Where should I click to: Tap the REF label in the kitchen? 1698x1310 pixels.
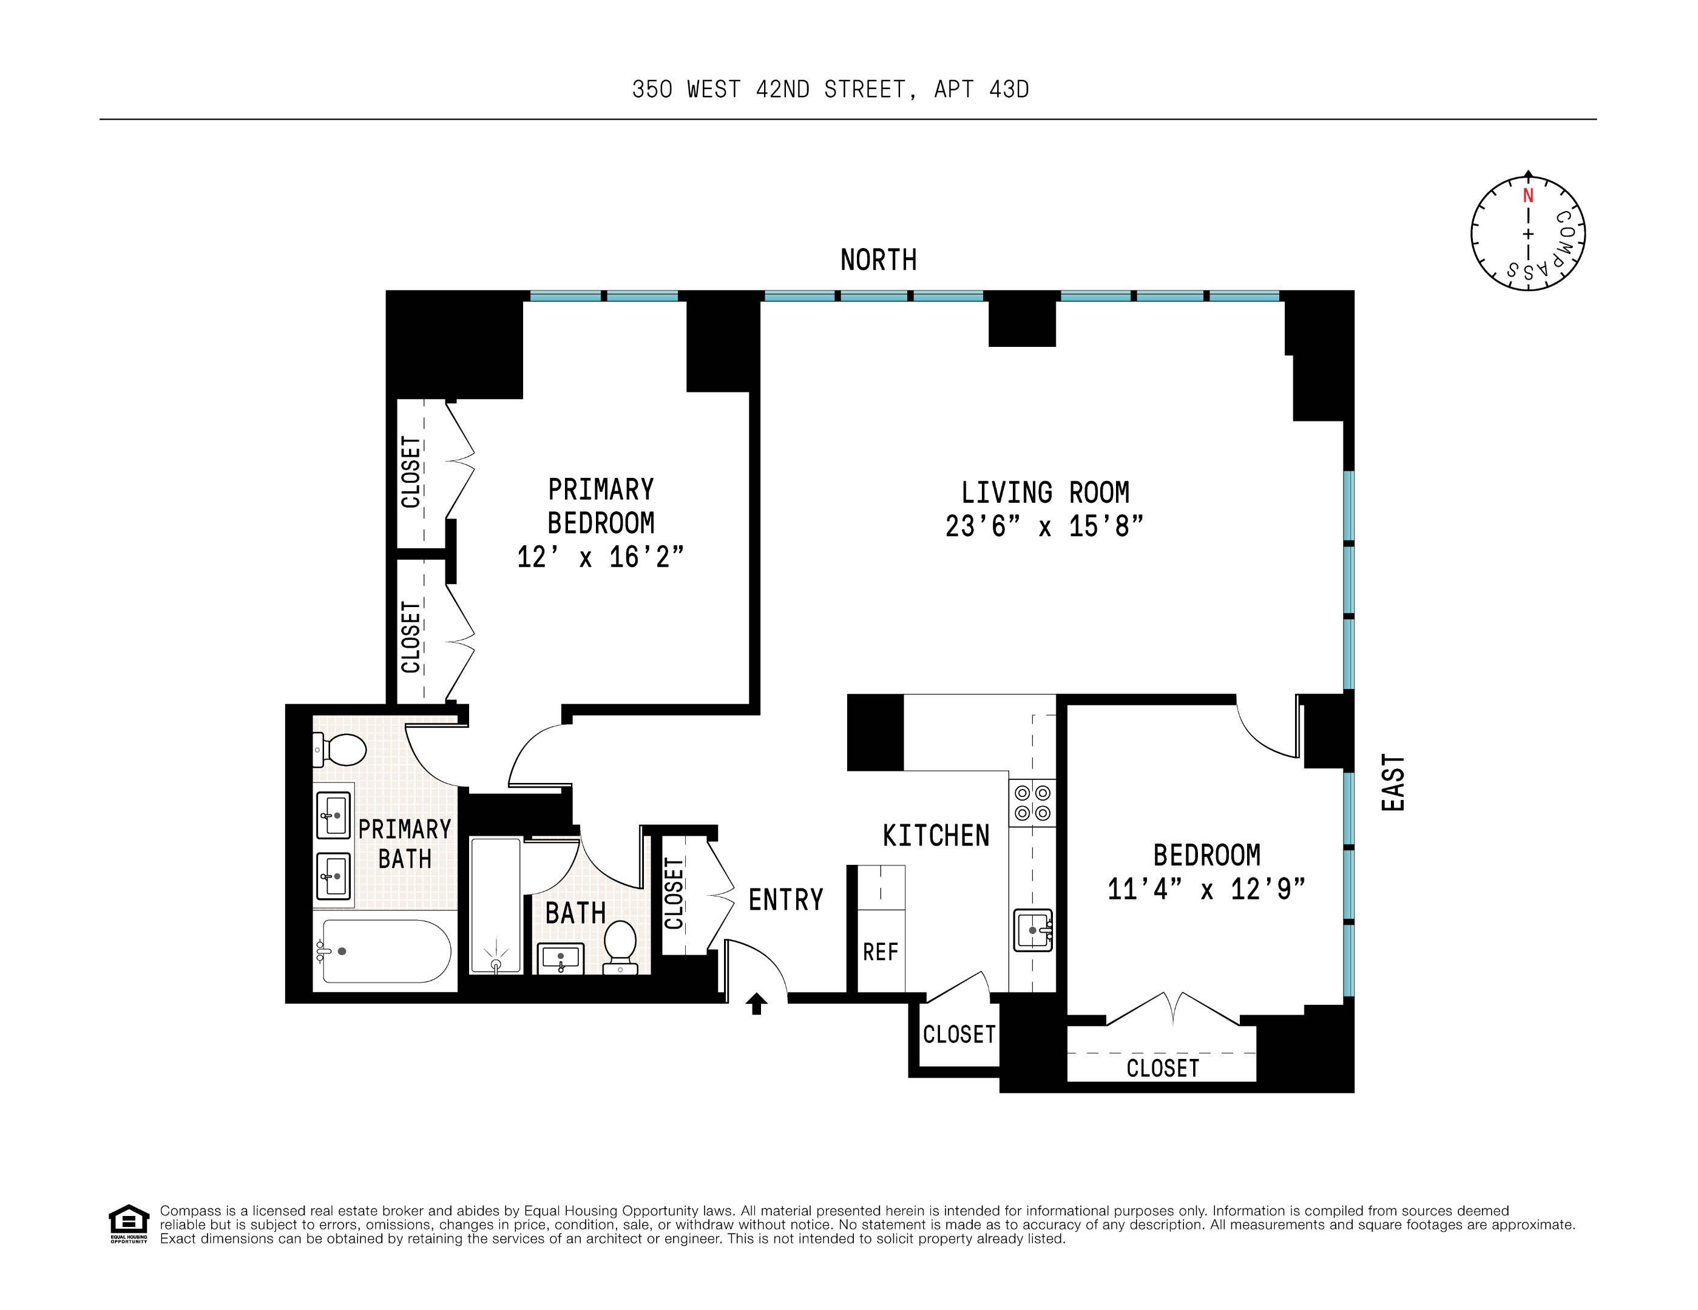pos(880,952)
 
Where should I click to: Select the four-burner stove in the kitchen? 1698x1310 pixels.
pos(1032,802)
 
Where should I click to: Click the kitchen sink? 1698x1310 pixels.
pos(1032,930)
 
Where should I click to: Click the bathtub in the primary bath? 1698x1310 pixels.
pos(385,951)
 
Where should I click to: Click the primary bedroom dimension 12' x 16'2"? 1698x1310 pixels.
pos(600,557)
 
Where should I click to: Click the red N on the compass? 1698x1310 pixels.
pos(1527,196)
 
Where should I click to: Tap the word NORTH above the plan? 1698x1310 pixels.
pos(879,260)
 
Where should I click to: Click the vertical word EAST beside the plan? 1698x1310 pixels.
pos(1393,782)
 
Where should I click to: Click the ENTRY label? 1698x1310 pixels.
pos(785,900)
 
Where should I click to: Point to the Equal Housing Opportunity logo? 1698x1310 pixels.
pos(128,1224)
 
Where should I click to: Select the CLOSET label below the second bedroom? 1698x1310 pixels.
pos(1162,1069)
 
